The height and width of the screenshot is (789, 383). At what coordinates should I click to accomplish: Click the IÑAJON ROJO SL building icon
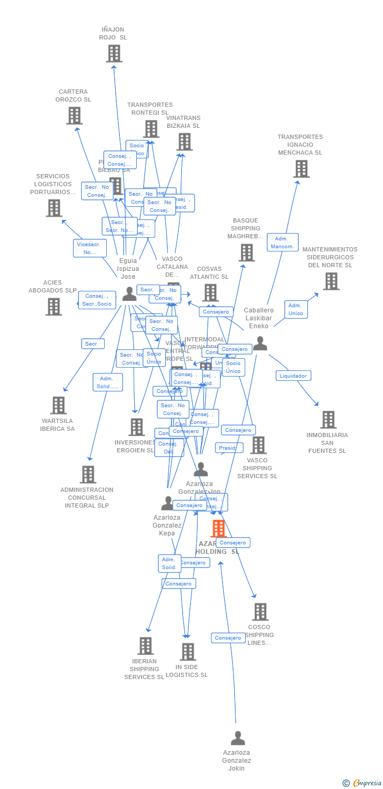pos(114,54)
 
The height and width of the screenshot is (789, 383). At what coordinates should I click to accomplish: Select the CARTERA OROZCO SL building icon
pos(74,116)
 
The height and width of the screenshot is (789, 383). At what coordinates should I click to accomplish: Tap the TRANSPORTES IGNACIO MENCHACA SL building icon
pos(301,169)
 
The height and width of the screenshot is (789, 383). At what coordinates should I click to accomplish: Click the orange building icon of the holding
pos(218,529)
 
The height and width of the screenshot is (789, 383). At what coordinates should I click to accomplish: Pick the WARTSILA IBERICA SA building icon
pos(58,405)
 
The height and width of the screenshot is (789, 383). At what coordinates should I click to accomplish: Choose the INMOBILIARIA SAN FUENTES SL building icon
pos(328,420)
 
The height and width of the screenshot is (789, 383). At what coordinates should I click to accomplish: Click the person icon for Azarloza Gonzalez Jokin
pos(238,739)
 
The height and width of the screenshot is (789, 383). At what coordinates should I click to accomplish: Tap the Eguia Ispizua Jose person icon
pos(129,295)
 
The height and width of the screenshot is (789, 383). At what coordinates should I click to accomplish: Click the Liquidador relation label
pos(294,376)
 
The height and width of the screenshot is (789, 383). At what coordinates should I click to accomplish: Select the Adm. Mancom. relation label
pos(283,242)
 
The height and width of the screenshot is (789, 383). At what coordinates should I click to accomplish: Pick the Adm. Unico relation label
pos(296,309)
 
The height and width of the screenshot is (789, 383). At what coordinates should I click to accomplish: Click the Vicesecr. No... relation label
pos(89,248)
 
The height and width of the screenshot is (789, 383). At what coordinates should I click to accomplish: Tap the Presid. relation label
pos(229,448)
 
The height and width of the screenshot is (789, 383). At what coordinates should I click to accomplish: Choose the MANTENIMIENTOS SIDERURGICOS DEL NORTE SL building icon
pos(331,281)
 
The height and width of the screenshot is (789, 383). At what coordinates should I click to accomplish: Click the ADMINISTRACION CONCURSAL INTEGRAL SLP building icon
pos(88,474)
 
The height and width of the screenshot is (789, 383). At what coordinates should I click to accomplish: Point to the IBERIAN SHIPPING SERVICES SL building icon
pos(145,646)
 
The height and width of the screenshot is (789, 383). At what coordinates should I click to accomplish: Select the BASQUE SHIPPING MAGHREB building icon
pos(246,253)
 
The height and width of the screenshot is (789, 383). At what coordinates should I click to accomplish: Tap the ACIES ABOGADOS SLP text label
pos(53,287)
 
